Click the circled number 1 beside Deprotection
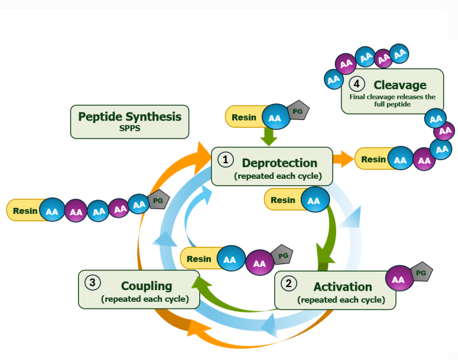(225, 160)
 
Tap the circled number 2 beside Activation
(289, 284)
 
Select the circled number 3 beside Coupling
(92, 283)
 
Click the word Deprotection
(280, 163)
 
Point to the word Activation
(343, 287)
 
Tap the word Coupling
(147, 286)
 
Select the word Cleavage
(400, 85)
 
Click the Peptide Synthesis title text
(129, 116)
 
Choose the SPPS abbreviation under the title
(130, 128)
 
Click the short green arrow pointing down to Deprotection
(269, 136)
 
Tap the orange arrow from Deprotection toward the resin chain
(342, 159)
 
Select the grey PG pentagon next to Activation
(420, 272)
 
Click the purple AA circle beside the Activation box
(398, 280)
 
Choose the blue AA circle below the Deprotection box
(314, 200)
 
